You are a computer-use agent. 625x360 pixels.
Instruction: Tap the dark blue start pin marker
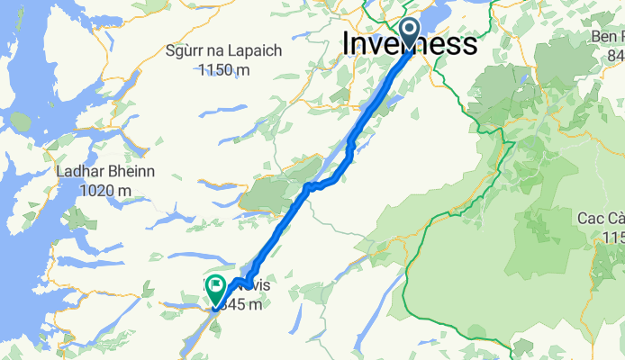409,33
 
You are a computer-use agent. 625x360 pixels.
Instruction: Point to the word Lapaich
256,51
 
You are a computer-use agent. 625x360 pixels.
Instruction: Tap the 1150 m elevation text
224,69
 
